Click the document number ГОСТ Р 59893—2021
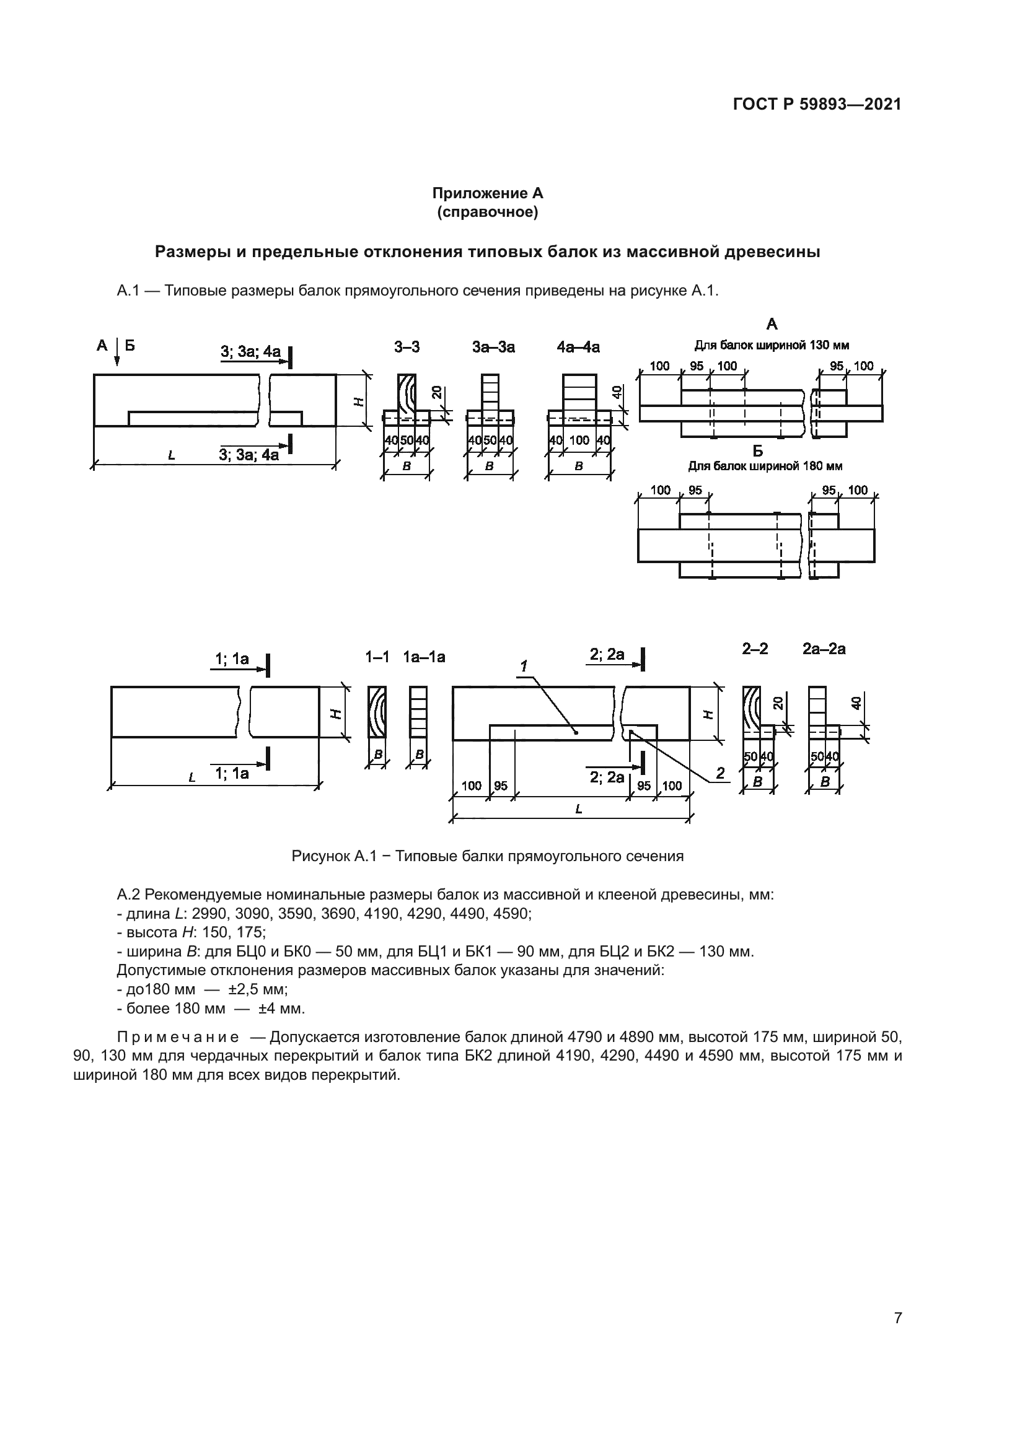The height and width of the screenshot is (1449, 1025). [x=817, y=105]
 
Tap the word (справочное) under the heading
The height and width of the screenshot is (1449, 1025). [x=487, y=212]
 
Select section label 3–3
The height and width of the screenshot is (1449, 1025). [x=407, y=346]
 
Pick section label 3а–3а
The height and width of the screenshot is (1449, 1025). [x=493, y=346]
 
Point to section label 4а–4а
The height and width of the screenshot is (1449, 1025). [x=578, y=346]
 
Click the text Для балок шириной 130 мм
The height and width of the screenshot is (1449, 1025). [x=772, y=345]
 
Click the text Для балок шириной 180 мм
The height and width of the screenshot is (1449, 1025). [x=765, y=466]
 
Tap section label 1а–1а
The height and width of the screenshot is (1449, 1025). [x=424, y=657]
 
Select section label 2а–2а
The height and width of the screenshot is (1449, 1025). [x=824, y=649]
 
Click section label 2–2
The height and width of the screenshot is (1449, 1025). [x=755, y=649]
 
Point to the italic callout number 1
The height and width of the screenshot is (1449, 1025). [x=524, y=666]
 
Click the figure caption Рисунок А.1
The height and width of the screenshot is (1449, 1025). [x=487, y=856]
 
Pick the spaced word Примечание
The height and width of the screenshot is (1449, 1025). [x=178, y=1038]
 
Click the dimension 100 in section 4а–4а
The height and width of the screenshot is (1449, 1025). [x=579, y=440]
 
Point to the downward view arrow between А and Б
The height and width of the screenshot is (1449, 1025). [x=117, y=356]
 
